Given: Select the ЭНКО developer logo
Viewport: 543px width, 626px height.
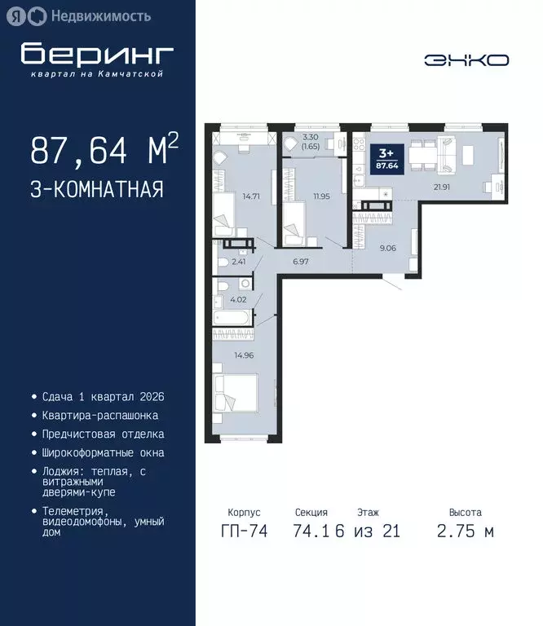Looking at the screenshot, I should pos(466,60).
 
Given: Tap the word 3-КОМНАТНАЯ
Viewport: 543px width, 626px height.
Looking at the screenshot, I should pos(97,190).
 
